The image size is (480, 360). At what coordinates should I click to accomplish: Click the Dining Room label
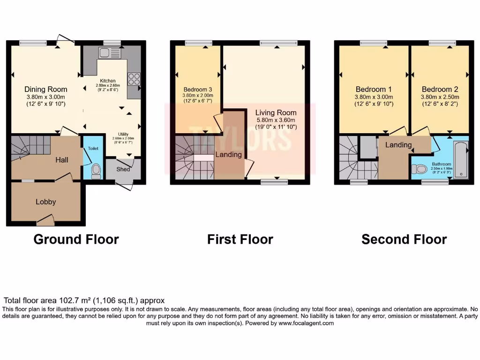[46, 89]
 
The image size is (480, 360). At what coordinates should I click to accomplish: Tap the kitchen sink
[104, 52]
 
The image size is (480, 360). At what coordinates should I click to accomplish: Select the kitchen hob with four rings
[133, 78]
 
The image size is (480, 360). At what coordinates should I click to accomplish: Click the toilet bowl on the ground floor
[96, 171]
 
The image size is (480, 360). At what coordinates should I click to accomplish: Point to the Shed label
[123, 169]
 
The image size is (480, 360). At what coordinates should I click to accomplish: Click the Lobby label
[46, 202]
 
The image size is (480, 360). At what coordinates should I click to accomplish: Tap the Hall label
[62, 160]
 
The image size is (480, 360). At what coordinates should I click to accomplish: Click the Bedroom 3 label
[197, 89]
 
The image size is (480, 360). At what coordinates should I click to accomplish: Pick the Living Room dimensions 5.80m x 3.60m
[276, 120]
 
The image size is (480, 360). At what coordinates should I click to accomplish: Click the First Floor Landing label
[229, 154]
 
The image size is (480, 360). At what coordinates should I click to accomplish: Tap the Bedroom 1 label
[374, 89]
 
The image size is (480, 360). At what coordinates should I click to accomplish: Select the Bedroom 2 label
[440, 89]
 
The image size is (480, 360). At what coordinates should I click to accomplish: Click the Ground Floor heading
[76, 240]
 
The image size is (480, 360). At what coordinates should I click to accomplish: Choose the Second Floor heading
[404, 240]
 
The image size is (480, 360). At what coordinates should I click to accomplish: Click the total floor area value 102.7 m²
[73, 300]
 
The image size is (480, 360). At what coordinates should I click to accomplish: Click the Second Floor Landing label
[398, 145]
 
